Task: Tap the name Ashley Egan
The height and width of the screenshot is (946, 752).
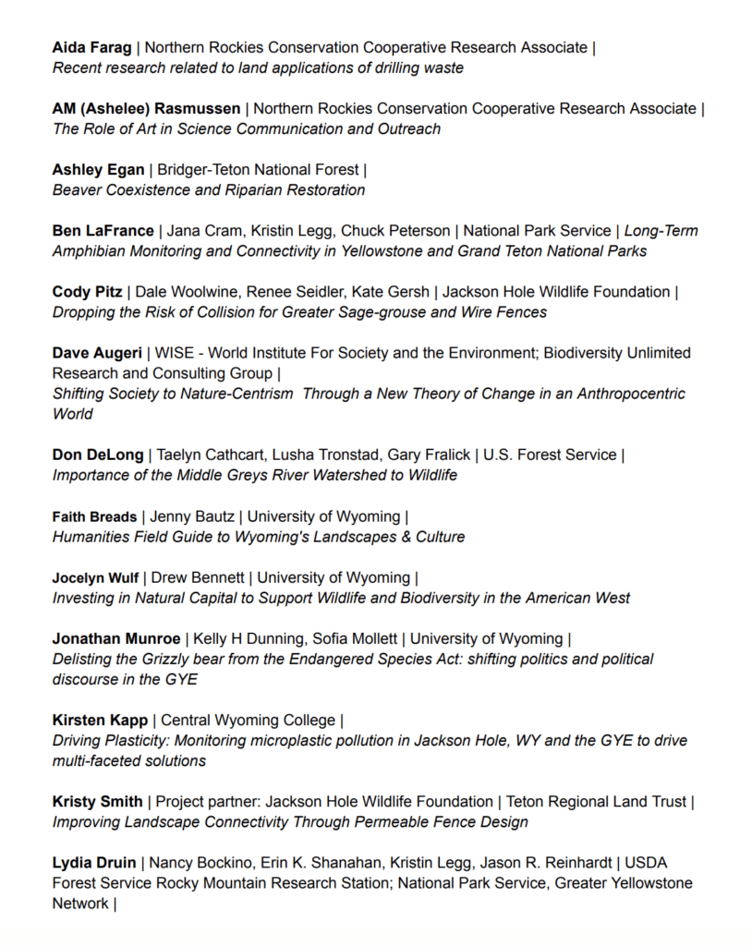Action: pos(98,169)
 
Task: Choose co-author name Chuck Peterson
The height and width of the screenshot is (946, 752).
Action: pos(405,230)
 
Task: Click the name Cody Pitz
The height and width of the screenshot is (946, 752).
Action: pos(87,292)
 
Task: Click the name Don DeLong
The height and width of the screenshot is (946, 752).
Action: pos(98,455)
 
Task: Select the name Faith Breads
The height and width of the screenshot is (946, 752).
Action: pos(94,516)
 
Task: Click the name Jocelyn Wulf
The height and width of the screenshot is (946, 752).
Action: pos(95,577)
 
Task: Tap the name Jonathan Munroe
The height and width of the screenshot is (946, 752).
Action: pos(116,638)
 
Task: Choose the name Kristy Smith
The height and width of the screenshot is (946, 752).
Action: pos(97,801)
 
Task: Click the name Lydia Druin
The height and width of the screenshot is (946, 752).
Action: pos(92,863)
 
